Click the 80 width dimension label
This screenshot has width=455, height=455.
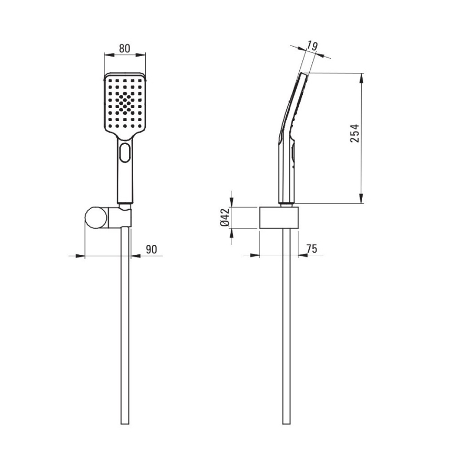124,48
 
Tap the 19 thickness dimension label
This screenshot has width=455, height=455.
312,46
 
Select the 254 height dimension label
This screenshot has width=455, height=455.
354,133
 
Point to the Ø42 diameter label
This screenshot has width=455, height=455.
225,218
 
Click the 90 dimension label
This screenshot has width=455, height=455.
151,250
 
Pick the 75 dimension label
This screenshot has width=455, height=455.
312,248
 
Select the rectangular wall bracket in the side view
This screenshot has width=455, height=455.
278,218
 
